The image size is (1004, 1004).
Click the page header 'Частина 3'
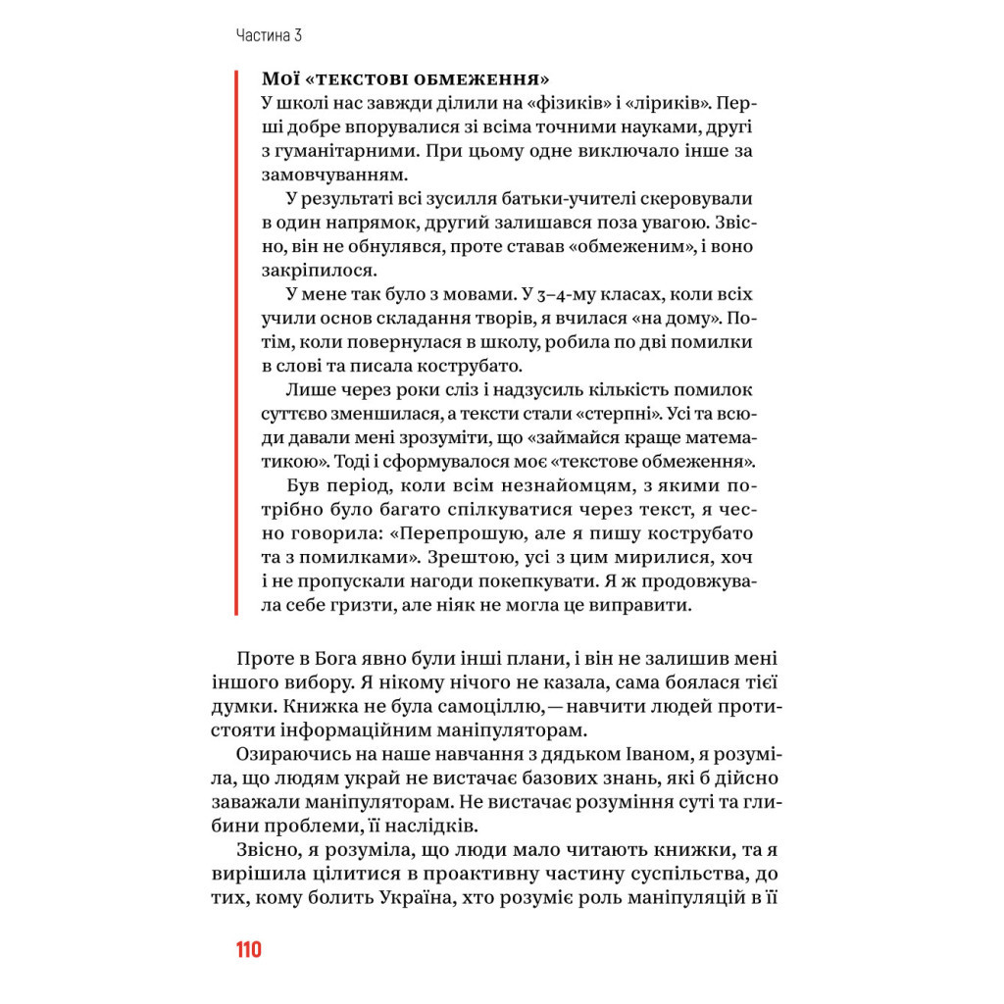coord(268,36)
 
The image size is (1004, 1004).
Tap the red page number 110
coord(248,950)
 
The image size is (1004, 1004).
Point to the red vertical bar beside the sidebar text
coord(237,343)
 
